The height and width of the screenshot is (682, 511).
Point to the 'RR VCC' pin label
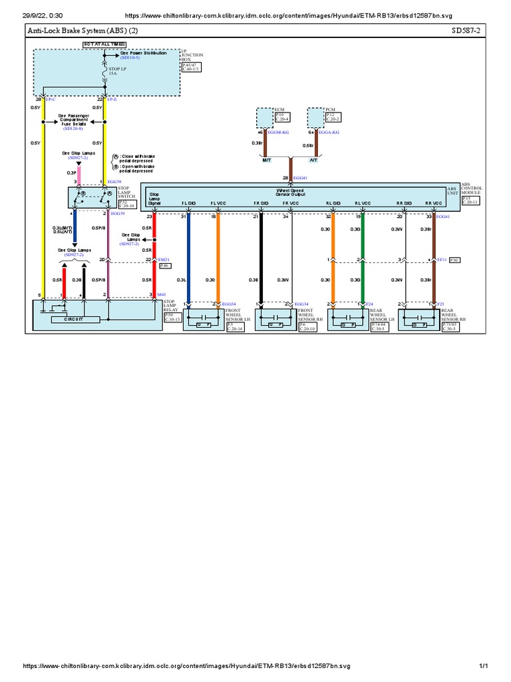point(433,203)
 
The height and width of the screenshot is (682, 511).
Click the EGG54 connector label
point(228,304)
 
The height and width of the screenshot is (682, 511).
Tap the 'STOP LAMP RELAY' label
point(172,306)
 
